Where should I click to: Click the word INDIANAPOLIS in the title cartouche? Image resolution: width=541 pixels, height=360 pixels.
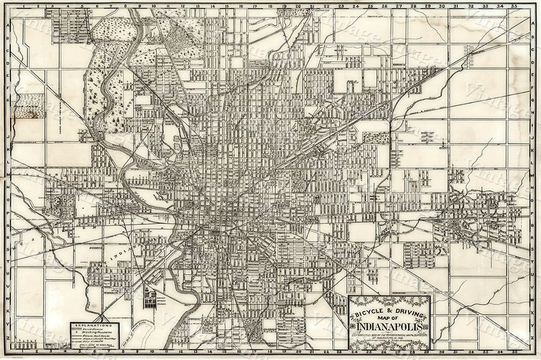389,325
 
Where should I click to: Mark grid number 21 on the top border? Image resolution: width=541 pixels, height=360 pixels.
312,7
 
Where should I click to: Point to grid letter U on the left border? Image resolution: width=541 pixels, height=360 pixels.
8,272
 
